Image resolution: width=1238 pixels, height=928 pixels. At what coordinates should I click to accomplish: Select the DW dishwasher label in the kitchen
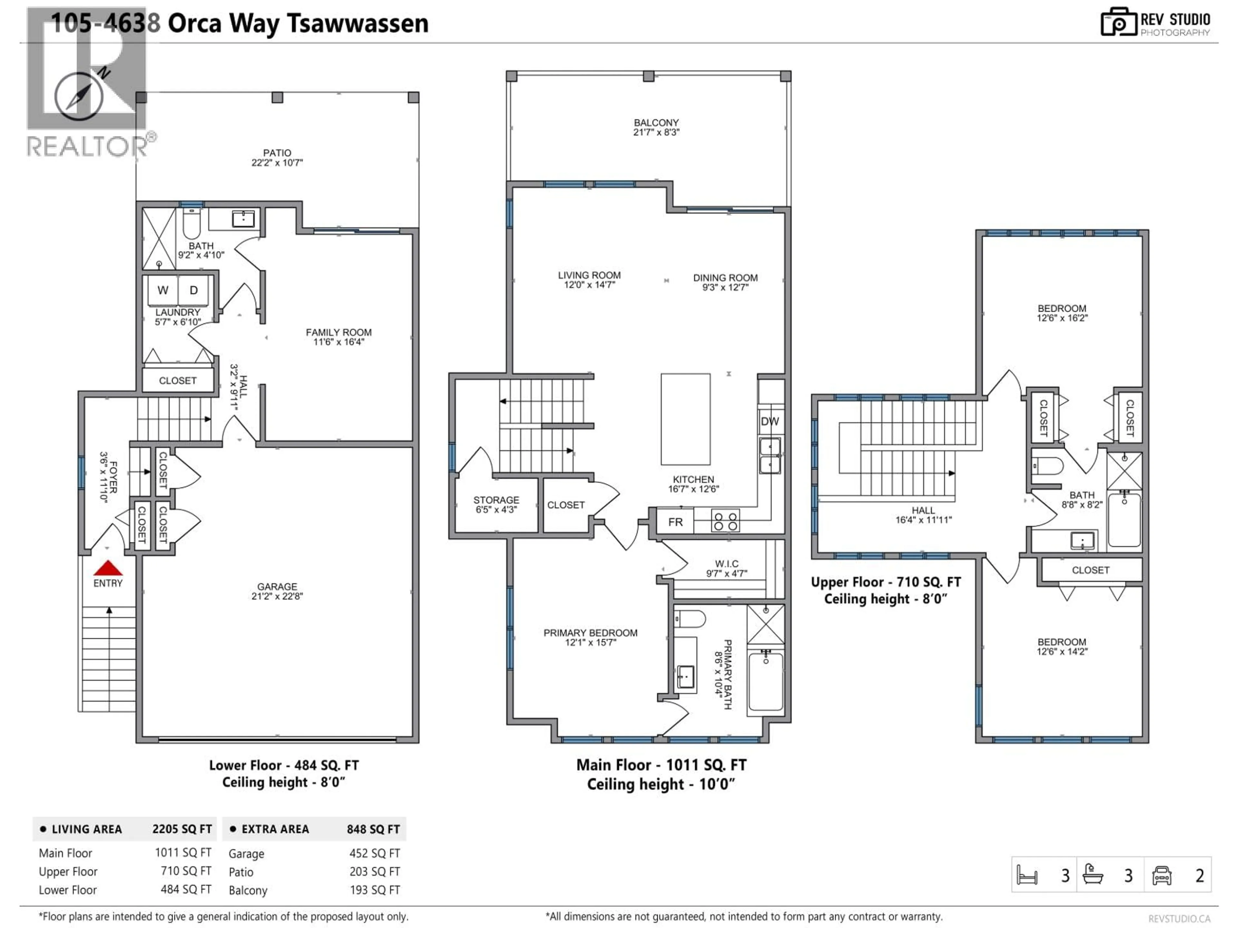770,421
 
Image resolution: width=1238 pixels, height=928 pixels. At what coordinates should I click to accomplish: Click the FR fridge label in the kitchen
675,522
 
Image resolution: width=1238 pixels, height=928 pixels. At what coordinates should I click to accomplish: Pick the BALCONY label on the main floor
656,122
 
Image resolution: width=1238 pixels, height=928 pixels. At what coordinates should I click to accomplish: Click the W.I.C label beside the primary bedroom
726,563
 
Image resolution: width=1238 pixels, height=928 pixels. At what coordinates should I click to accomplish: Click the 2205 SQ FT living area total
182,829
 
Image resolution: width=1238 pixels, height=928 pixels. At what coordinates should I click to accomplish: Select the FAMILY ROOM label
338,332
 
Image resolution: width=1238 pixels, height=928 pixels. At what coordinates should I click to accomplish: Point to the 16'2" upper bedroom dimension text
1062,318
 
